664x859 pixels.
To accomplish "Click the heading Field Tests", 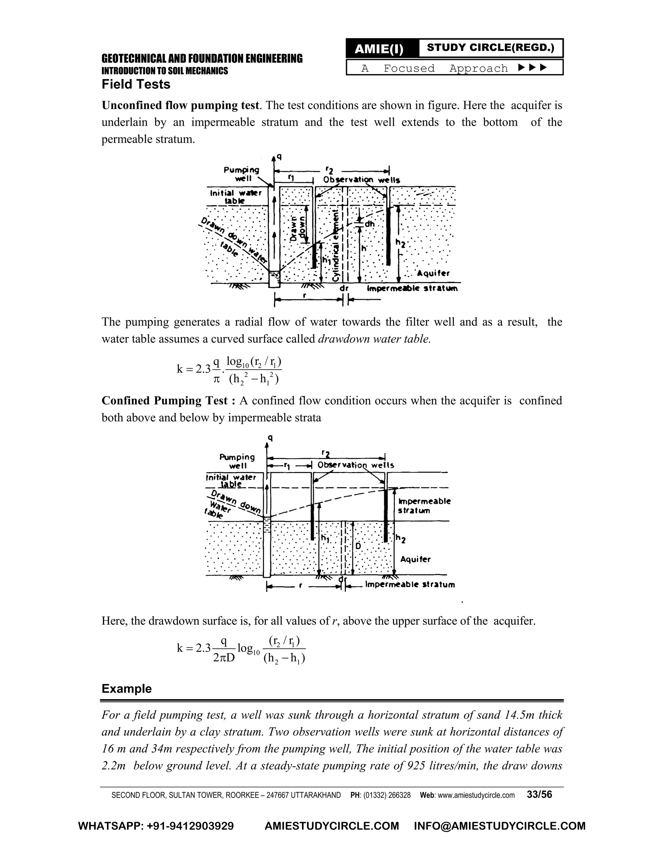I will (x=136, y=84).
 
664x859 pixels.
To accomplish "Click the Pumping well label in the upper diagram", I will (x=242, y=174).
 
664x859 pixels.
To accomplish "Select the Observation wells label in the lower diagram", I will (x=356, y=465).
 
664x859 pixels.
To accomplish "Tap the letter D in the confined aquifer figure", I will (x=358, y=547).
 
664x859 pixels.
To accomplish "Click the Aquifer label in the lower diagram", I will (x=415, y=559).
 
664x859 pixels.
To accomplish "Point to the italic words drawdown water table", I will (x=373, y=339).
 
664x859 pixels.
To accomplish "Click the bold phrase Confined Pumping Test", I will (x=164, y=400).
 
